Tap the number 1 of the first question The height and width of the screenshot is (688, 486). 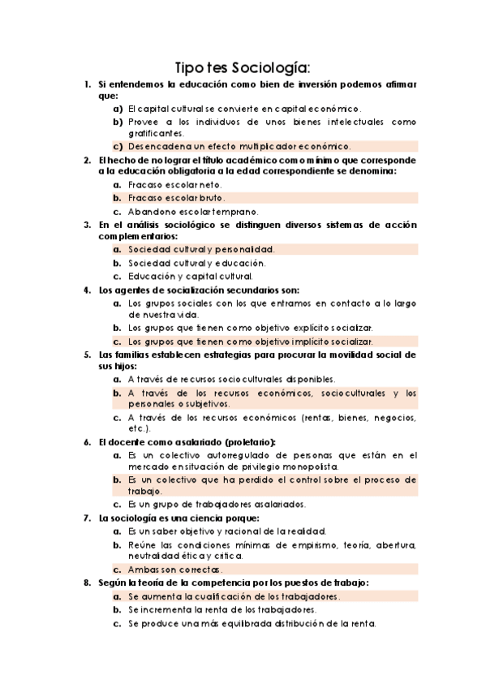pos(86,84)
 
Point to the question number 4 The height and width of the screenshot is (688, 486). pos(86,289)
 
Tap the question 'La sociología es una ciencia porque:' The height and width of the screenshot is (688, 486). pos(178,517)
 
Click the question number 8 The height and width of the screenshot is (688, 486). pos(86,583)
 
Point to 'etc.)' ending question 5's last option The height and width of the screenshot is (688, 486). pos(138,428)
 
